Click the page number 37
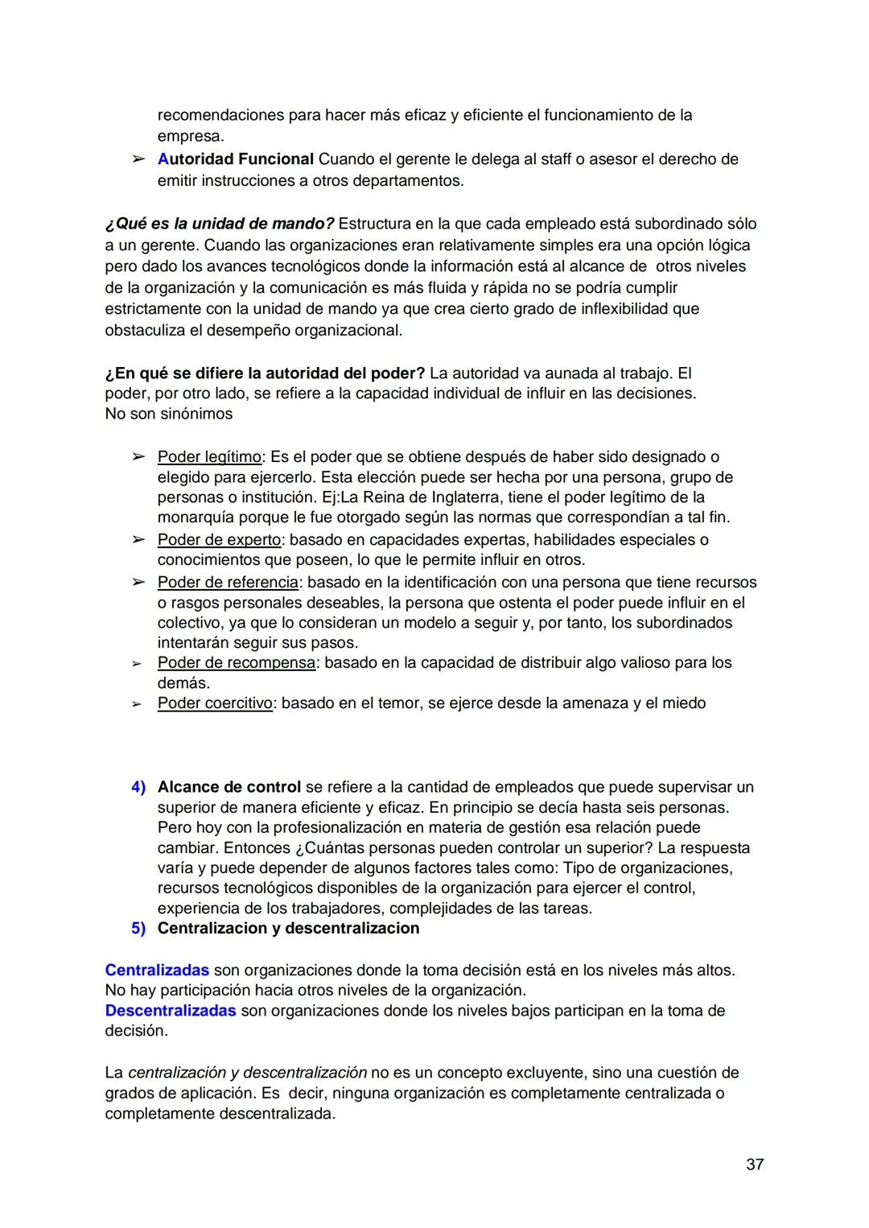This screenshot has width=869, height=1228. pyautogui.click(x=754, y=1164)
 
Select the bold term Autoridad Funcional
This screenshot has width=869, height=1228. pyautogui.click(x=235, y=159)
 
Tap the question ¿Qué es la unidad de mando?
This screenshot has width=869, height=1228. pyautogui.click(x=220, y=224)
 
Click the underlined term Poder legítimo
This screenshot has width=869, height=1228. pyautogui.click(x=209, y=457)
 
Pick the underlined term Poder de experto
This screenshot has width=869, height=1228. pyautogui.click(x=219, y=539)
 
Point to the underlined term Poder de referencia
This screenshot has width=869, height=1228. pyautogui.click(x=228, y=582)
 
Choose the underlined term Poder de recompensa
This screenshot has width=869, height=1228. pyautogui.click(x=236, y=663)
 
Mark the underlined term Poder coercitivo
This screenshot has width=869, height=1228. pyautogui.click(x=215, y=703)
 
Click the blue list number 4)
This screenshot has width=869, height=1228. pyautogui.click(x=138, y=787)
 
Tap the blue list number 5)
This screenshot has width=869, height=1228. pyautogui.click(x=138, y=929)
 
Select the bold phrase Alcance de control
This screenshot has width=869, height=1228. pyautogui.click(x=229, y=787)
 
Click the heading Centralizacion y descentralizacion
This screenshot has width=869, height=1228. pyautogui.click(x=288, y=929)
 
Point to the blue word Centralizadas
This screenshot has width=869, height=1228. pyautogui.click(x=157, y=970)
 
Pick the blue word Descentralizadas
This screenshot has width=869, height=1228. pyautogui.click(x=171, y=1011)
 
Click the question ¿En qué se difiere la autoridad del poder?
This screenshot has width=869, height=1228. pyautogui.click(x=265, y=373)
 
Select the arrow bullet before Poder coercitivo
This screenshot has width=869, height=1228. pyautogui.click(x=138, y=704)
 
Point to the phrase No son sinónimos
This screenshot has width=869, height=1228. pyautogui.click(x=168, y=414)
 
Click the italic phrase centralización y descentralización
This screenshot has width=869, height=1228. pyautogui.click(x=247, y=1073)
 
